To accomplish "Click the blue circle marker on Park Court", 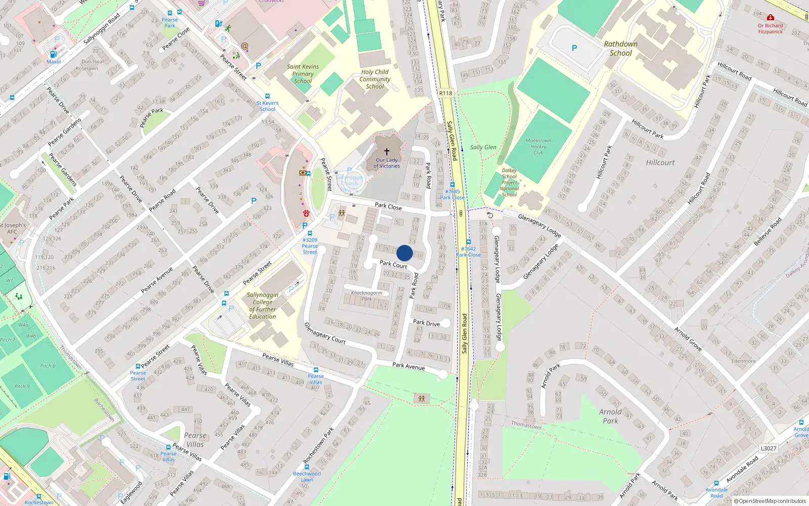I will [404, 253].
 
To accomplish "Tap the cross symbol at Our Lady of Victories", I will [387, 151].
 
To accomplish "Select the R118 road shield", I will [445, 93].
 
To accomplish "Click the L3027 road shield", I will [768, 448].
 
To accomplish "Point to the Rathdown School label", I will [620, 49].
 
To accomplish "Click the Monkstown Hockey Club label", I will [538, 147].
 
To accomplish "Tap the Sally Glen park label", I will [483, 147].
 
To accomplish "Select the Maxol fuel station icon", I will [53, 55].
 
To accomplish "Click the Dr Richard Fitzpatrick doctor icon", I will [770, 18].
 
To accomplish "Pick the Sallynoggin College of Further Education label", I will [262, 306].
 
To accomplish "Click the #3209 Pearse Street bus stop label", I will [310, 246].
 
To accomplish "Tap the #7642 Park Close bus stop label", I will [468, 251].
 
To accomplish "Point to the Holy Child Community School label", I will [375, 79].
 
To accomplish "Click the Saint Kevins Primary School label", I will [303, 74].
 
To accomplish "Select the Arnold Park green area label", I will [610, 416].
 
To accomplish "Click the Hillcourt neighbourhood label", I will [660, 162].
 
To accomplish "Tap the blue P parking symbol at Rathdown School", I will [574, 49].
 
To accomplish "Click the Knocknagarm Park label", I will [367, 296].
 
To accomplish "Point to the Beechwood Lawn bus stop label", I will [307, 477].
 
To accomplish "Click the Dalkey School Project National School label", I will [509, 183].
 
